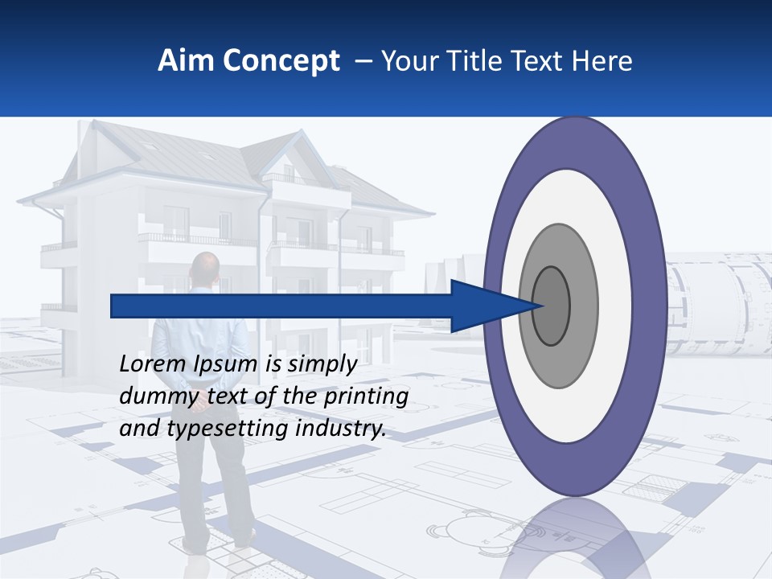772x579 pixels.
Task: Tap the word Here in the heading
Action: (602, 61)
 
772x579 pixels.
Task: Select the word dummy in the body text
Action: (150, 396)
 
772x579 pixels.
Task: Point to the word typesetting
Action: (228, 429)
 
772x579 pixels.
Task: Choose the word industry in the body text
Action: (341, 429)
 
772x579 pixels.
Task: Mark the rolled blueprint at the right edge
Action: (720, 302)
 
